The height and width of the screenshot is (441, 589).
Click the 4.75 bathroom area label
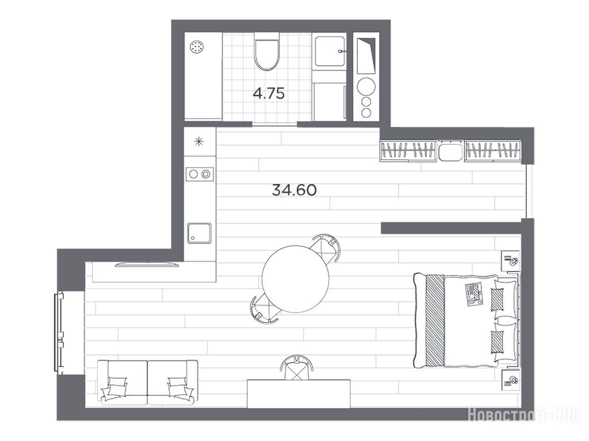[x=269, y=93]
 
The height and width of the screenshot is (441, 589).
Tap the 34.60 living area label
[x=294, y=190]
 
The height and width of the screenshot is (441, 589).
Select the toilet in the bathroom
[x=267, y=51]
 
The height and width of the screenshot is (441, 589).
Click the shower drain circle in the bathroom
[x=197, y=47]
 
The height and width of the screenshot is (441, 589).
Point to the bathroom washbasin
[x=330, y=51]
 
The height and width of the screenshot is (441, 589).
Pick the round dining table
[x=295, y=279]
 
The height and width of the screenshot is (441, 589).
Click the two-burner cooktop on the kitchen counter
[x=200, y=173]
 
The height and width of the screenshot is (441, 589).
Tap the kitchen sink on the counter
[x=200, y=233]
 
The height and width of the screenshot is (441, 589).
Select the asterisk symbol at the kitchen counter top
[x=198, y=141]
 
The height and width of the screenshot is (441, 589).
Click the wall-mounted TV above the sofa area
[x=147, y=264]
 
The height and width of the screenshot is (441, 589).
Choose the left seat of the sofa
[x=123, y=382]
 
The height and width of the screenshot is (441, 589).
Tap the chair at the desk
[x=296, y=367]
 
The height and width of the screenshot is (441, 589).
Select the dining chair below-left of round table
[x=265, y=308]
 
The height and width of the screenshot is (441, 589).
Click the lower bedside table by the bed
[x=511, y=380]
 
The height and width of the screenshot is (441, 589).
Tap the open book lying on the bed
[x=474, y=295]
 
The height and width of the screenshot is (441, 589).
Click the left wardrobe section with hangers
[x=409, y=150]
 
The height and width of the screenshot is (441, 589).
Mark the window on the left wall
[x=59, y=332]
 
